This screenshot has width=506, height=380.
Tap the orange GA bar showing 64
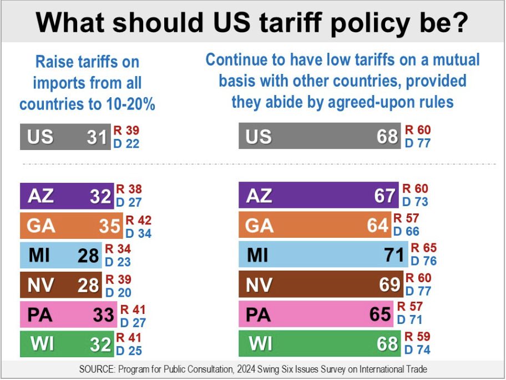[315, 225]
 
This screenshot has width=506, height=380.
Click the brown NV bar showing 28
[60, 284]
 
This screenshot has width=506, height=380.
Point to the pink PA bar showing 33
[68, 314]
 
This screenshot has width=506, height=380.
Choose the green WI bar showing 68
[319, 343]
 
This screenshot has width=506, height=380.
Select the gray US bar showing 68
[319, 136]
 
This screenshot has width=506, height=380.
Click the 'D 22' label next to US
[126, 143]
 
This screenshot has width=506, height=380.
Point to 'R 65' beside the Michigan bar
[423, 249]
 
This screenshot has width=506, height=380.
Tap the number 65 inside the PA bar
[380, 314]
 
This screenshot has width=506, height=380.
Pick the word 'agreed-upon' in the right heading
[362, 102]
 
